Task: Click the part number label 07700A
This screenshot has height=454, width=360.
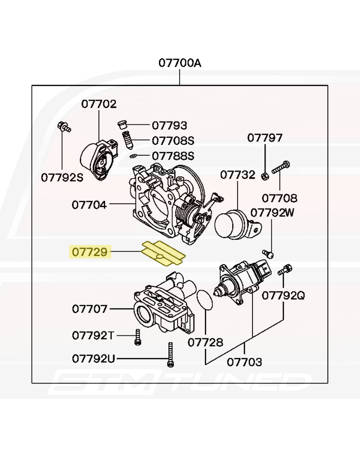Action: click(x=180, y=63)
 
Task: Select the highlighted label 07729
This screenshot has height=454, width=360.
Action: click(x=90, y=252)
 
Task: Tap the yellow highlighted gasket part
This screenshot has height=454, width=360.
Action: click(x=163, y=253)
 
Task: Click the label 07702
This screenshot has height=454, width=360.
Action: click(x=99, y=104)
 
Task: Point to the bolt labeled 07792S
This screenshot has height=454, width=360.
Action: click(x=64, y=127)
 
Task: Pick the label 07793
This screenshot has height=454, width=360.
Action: click(x=169, y=125)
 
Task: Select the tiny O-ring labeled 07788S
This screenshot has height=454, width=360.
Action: click(x=133, y=156)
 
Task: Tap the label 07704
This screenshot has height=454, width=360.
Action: click(x=89, y=205)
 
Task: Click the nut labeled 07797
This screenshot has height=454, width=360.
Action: click(x=265, y=175)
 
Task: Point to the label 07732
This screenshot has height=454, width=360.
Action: click(x=238, y=174)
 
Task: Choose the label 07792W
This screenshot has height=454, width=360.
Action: click(x=272, y=213)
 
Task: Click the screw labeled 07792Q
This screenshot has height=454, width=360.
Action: click(x=285, y=270)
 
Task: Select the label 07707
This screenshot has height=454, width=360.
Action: click(x=90, y=309)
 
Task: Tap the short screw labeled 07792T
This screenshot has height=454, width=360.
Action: click(x=138, y=337)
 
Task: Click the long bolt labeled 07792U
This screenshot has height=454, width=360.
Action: click(x=170, y=355)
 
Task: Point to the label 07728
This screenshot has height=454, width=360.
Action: click(x=205, y=343)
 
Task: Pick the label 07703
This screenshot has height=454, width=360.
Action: click(x=244, y=362)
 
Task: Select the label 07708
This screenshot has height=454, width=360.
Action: click(x=279, y=198)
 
